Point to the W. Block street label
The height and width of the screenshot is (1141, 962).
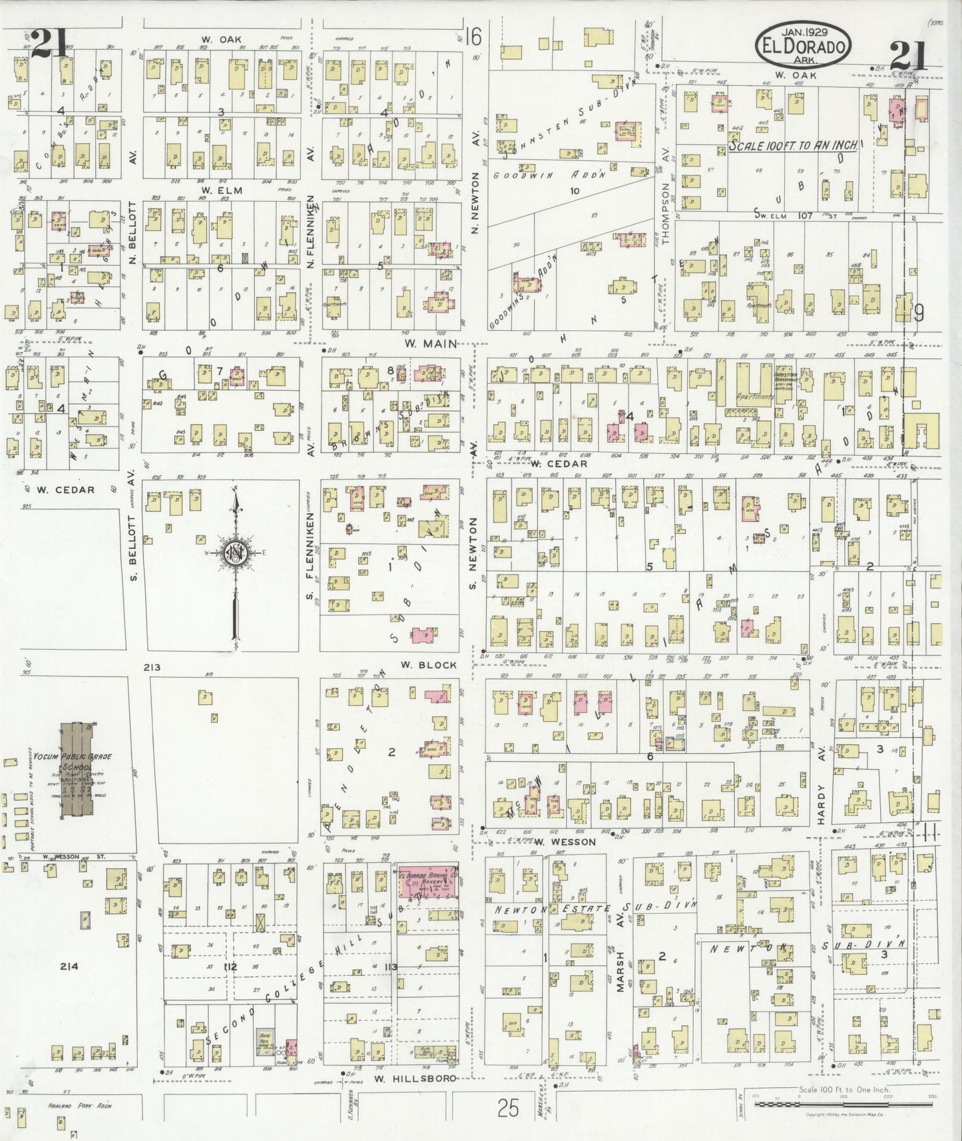point(438,665)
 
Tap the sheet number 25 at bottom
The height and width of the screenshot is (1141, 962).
point(507,1108)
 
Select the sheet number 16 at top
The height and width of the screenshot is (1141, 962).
point(473,37)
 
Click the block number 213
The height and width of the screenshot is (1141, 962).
point(152,667)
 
